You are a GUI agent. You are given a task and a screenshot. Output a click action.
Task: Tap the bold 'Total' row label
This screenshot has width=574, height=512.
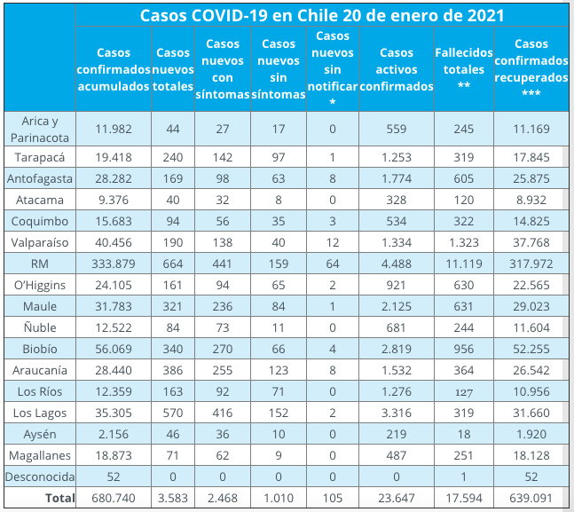[x=59, y=499]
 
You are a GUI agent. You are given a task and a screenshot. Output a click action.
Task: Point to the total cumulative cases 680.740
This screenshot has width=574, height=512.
[x=114, y=499]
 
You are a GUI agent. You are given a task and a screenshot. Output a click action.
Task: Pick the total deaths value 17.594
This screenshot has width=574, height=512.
[x=463, y=499]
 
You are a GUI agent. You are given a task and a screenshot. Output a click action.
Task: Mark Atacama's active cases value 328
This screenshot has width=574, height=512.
[x=397, y=201]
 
